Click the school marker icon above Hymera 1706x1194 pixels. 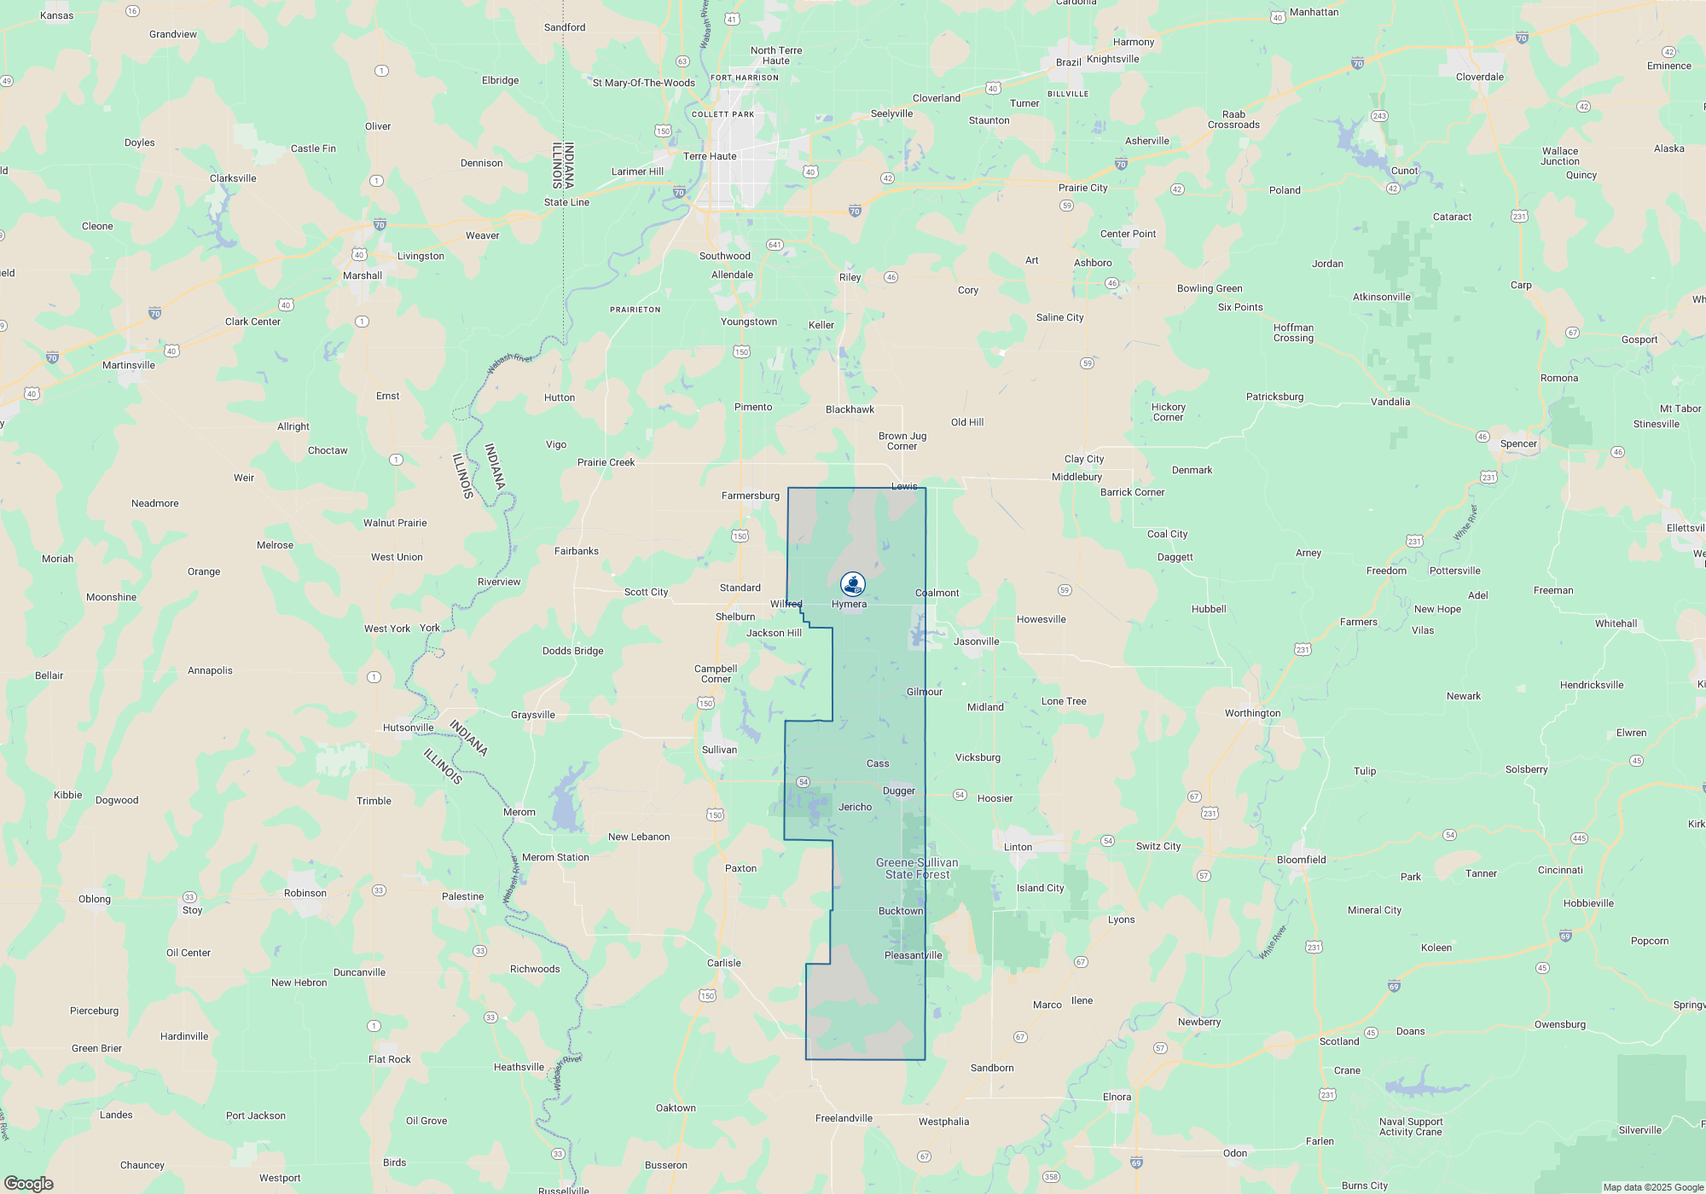[x=853, y=584]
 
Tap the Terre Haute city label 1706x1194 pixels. [x=710, y=156]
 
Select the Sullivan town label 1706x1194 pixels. [x=719, y=750]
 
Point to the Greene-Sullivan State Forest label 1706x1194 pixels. [x=917, y=868]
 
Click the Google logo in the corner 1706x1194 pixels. [x=29, y=1183]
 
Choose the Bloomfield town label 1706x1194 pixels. [x=1301, y=860]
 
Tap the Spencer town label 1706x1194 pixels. [x=1518, y=443]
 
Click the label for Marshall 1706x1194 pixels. [x=363, y=275]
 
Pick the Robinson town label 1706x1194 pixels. [x=305, y=893]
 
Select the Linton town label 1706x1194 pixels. [x=1018, y=847]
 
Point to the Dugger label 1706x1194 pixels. [x=899, y=791]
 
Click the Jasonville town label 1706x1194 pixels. [x=976, y=641]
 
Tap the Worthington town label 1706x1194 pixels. [x=1252, y=713]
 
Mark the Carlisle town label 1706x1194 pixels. [x=724, y=963]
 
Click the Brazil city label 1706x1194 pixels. [x=1068, y=62]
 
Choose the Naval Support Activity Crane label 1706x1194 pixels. [x=1411, y=1127]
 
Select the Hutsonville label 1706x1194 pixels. [x=408, y=727]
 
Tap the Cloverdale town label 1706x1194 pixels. [x=1480, y=77]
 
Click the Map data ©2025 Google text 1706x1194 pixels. [x=1653, y=1187]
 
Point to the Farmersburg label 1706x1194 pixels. [x=751, y=496]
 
